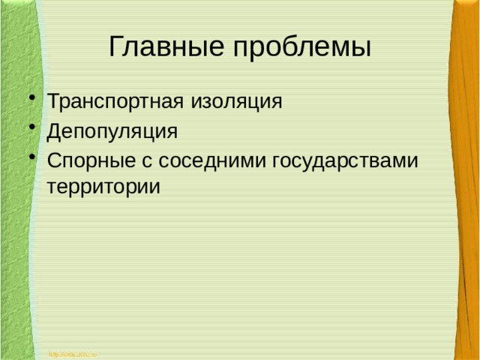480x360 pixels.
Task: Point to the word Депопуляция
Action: point(112,132)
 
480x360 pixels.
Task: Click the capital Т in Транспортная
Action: point(52,100)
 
